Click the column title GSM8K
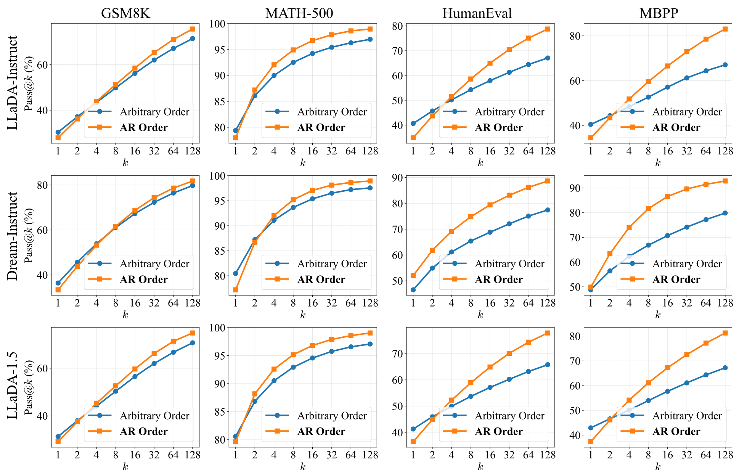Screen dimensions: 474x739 (125, 13)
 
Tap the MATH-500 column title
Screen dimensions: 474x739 (299, 13)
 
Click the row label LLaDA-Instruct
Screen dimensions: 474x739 (13, 83)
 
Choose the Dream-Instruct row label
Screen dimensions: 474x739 (13, 236)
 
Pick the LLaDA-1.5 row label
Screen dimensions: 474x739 (13, 386)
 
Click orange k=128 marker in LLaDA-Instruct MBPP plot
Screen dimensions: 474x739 (725, 29)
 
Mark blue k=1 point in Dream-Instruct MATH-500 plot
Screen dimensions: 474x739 (236, 273)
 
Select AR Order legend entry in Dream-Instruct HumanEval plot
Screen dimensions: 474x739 (498, 280)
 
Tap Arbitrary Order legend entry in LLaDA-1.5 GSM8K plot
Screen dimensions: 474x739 (154, 416)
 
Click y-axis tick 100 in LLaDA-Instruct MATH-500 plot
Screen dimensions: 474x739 (219, 24)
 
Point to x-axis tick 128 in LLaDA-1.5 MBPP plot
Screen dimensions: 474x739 (725, 455)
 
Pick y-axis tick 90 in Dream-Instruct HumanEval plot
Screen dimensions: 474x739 (399, 178)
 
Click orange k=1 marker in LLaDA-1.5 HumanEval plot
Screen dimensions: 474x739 (413, 442)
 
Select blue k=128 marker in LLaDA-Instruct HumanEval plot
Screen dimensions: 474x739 (547, 58)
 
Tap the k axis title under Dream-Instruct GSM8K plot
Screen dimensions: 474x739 (125, 315)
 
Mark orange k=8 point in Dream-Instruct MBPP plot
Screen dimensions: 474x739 (648, 209)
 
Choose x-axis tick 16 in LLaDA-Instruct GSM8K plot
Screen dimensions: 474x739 (135, 151)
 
